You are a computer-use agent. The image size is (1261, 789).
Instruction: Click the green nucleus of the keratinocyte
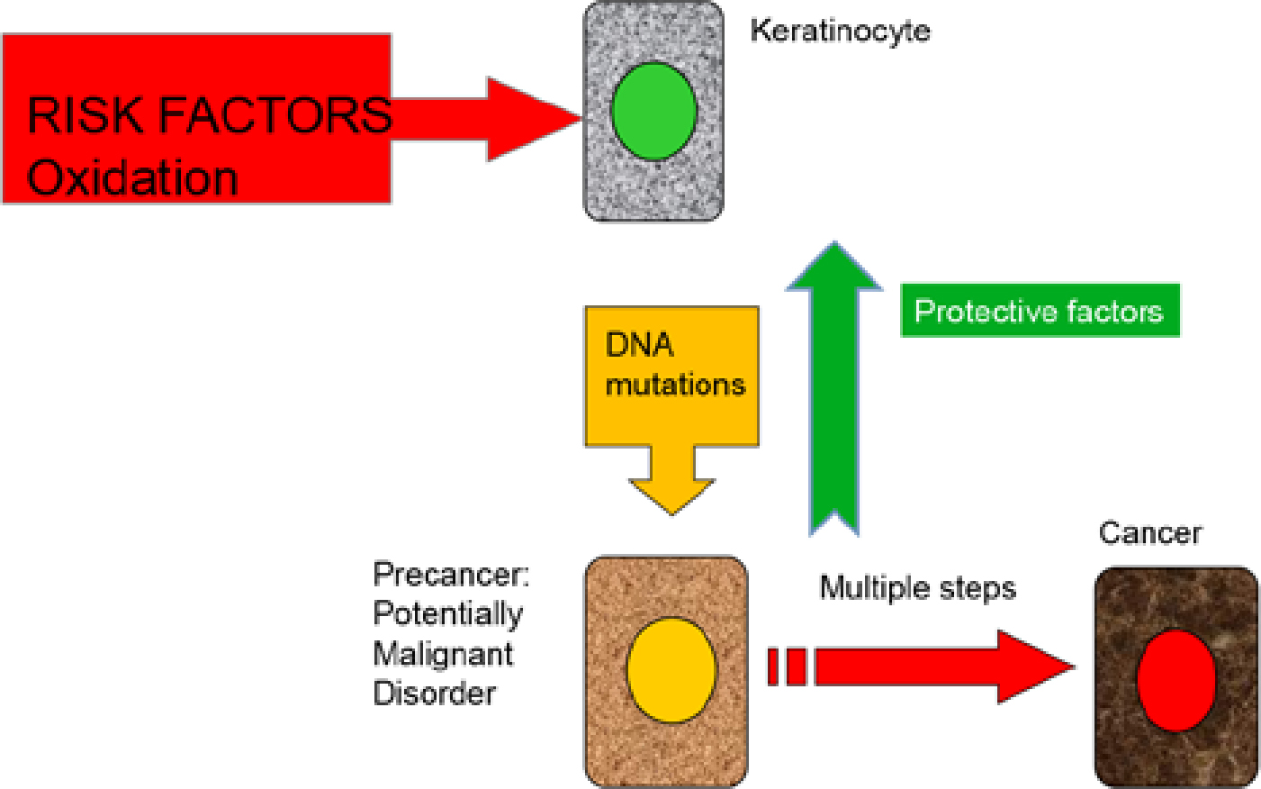point(654,111)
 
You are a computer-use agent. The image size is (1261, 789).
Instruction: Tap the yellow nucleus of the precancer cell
point(671,669)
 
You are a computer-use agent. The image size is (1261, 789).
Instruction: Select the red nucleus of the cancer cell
point(1176,680)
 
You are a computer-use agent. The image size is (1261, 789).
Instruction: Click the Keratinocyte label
point(840,31)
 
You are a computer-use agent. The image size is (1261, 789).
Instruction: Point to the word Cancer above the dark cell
point(1150,533)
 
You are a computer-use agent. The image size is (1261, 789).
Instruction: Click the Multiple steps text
point(917,589)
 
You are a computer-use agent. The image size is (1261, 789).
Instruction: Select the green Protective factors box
point(1040,311)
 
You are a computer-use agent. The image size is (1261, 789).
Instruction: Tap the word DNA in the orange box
point(639,345)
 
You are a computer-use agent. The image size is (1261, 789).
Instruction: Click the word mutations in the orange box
point(675,385)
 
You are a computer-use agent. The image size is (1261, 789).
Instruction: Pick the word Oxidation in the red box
point(132,178)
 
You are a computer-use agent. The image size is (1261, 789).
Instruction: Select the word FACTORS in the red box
point(275,115)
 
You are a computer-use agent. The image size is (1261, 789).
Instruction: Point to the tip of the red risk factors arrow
point(581,118)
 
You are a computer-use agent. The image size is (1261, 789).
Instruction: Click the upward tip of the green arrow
point(834,242)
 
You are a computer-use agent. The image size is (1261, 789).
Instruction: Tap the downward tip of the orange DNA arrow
point(671,514)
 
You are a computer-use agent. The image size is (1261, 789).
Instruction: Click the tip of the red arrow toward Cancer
point(1074,667)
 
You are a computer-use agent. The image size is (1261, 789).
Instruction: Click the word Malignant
point(443,655)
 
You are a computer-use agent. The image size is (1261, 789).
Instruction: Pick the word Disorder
point(434,694)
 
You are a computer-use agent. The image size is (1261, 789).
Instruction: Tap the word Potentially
point(447,614)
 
